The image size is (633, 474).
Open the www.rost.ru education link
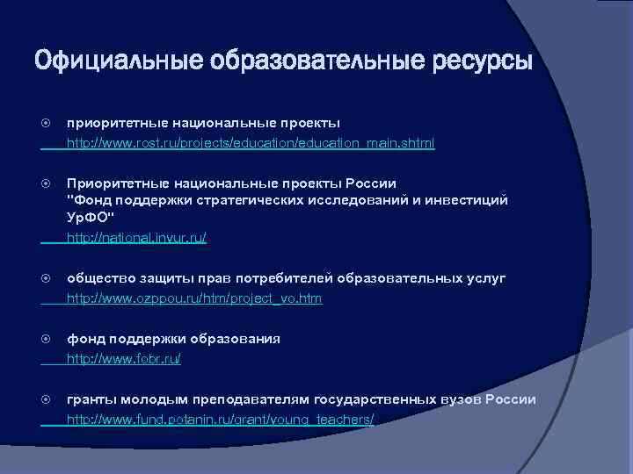tap(251, 142)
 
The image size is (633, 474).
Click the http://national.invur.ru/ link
tap(137, 237)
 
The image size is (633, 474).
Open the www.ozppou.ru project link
tap(194, 298)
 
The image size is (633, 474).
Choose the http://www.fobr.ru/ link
tap(124, 359)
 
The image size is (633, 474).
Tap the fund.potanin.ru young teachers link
tap(220, 420)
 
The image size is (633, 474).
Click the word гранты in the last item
tap(91, 399)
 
